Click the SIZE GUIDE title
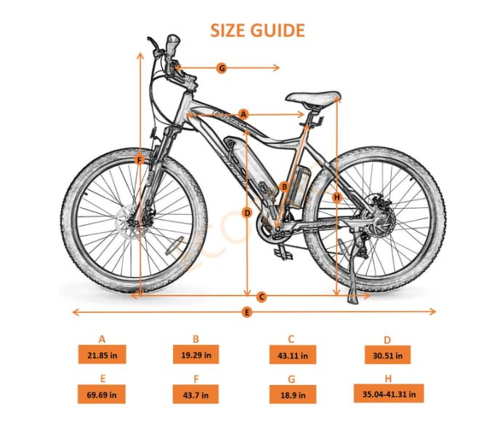tap(257, 31)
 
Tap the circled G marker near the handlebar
tap(222, 68)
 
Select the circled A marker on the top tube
tap(243, 114)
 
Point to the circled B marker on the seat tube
tap(284, 186)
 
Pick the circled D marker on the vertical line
tap(247, 213)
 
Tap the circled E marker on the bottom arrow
tap(247, 312)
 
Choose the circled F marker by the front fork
tap(140, 159)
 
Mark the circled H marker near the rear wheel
tap(336, 197)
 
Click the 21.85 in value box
tap(102, 355)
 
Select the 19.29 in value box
tap(195, 355)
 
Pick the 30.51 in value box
tap(387, 356)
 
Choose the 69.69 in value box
tap(102, 395)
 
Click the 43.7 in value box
tap(195, 395)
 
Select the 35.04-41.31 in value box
tap(388, 394)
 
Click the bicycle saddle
tap(312, 97)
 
